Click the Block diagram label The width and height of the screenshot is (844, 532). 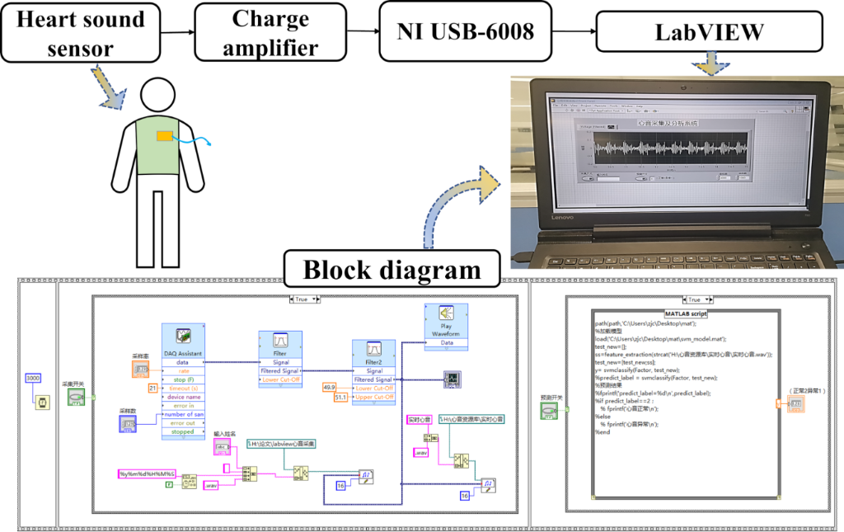pyautogui.click(x=392, y=270)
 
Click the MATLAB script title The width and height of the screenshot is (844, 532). pyautogui.click(x=686, y=313)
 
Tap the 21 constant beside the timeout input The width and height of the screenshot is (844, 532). pyautogui.click(x=153, y=388)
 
